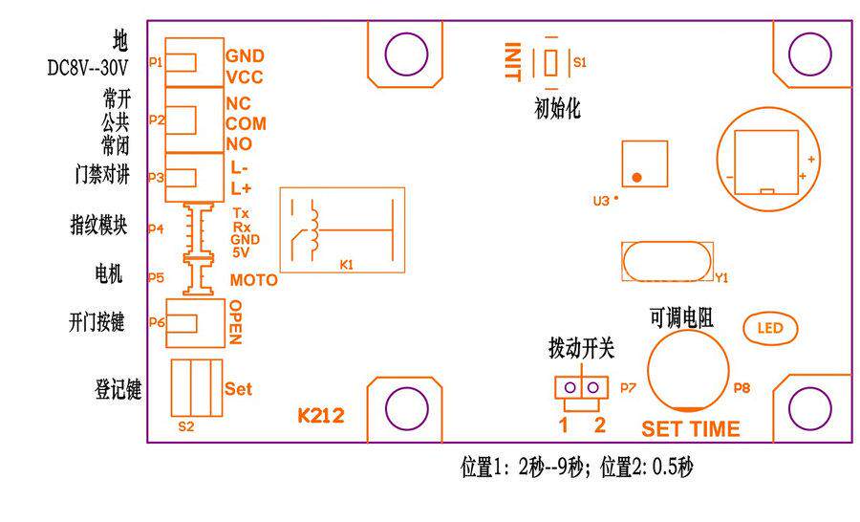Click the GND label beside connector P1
point(245,56)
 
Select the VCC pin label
point(245,78)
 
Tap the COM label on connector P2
point(246,123)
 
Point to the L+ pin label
point(240,188)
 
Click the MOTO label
point(254,280)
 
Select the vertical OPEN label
point(235,322)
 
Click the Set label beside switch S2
point(238,389)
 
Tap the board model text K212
point(321,416)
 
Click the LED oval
point(769,328)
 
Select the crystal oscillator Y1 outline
point(667,262)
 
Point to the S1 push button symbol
point(550,61)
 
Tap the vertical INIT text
point(514,61)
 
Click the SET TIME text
point(691,428)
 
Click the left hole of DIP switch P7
point(570,387)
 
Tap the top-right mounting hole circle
point(809,53)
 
